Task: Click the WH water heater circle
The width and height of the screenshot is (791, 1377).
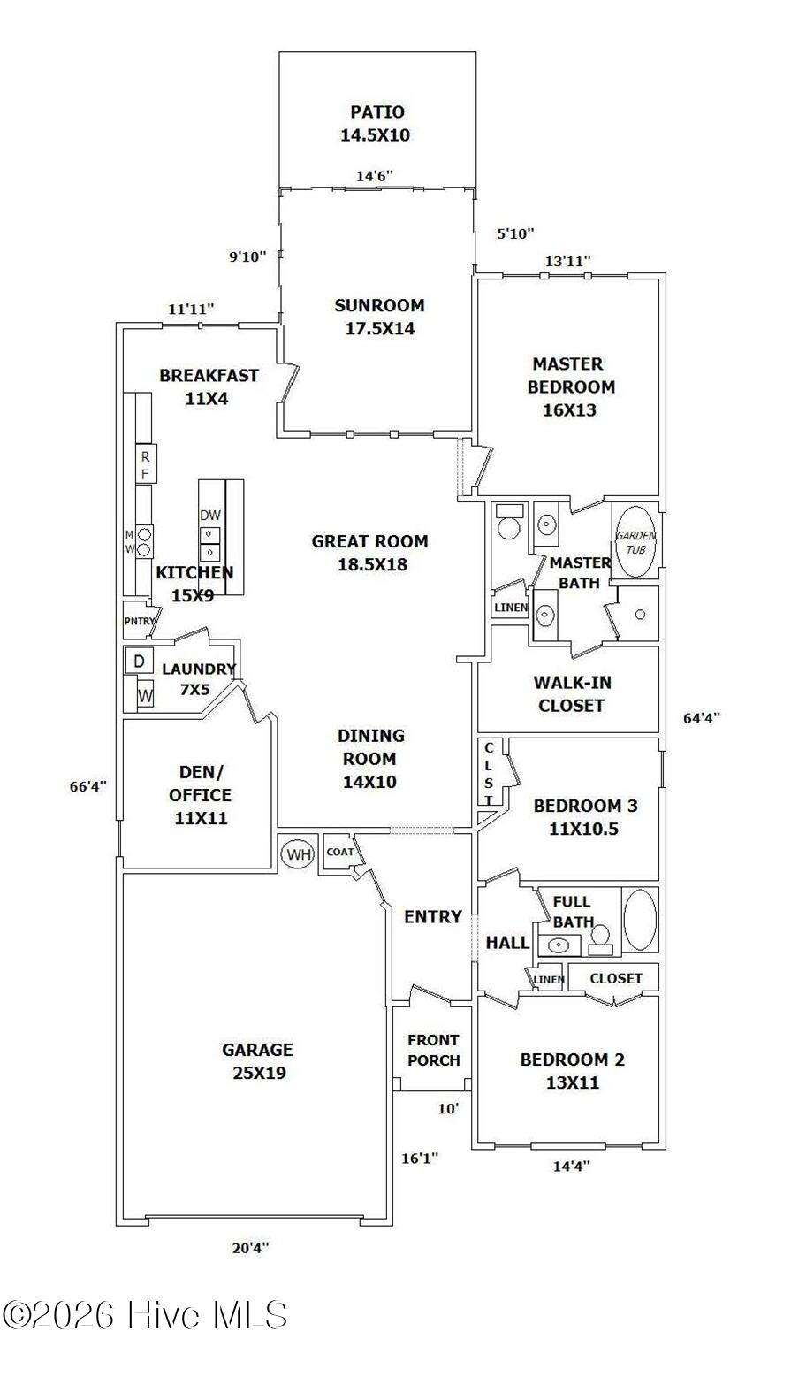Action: point(298,853)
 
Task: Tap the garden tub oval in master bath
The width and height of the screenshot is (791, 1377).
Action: point(635,541)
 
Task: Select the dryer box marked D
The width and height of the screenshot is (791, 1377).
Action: point(140,662)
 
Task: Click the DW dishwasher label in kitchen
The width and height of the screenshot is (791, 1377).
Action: point(210,515)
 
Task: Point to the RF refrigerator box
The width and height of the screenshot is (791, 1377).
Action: point(146,464)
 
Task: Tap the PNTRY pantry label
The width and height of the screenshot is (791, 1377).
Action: point(140,621)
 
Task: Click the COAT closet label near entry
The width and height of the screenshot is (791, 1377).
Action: point(339,852)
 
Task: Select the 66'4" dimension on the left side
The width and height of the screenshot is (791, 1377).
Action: point(87,786)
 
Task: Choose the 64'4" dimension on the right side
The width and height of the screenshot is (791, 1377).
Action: point(702,718)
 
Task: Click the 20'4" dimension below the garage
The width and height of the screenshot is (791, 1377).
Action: point(251,1243)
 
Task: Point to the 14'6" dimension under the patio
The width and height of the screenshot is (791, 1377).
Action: point(375,176)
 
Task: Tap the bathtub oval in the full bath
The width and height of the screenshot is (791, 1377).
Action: point(640,921)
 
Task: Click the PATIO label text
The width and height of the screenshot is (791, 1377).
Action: point(377,112)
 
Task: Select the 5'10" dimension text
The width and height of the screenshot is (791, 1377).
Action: point(515,233)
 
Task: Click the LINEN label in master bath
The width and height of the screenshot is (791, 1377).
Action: point(511,608)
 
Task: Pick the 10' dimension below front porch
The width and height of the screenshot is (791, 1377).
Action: point(448,1109)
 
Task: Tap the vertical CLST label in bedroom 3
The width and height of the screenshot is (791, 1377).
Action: point(488,774)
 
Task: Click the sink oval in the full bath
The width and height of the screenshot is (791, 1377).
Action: point(559,945)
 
